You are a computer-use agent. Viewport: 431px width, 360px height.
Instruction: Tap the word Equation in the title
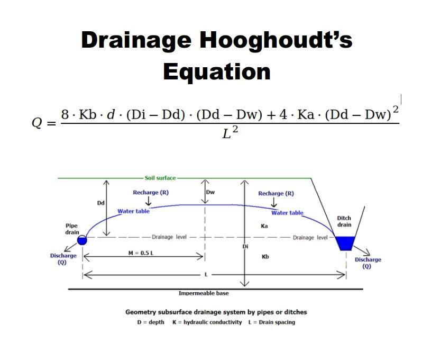[x=216, y=71]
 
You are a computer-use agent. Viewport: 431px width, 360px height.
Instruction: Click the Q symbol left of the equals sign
[x=37, y=123]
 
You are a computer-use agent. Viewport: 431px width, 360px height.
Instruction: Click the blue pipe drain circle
[x=82, y=240]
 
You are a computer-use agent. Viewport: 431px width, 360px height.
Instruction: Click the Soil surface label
[x=160, y=178]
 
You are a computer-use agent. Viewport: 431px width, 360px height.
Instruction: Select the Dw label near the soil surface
[x=210, y=192]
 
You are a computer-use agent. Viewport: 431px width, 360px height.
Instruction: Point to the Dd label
[x=100, y=203]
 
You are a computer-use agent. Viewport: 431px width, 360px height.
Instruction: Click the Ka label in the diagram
[x=264, y=226]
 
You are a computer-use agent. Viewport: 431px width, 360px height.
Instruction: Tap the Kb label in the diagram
[x=265, y=257]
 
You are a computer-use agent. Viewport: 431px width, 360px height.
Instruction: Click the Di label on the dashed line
[x=245, y=247]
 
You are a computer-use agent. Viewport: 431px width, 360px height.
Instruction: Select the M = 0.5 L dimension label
[x=141, y=253]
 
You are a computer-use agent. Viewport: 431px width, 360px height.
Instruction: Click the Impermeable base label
[x=204, y=293]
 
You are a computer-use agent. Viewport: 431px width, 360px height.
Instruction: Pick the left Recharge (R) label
[x=151, y=192]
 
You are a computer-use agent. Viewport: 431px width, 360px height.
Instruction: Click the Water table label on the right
[x=287, y=213]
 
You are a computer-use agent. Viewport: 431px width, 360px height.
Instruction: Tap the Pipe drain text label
[x=72, y=229]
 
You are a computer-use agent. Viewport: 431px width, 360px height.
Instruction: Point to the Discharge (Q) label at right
[x=368, y=263]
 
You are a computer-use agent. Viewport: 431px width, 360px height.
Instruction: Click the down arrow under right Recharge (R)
[x=274, y=202]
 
